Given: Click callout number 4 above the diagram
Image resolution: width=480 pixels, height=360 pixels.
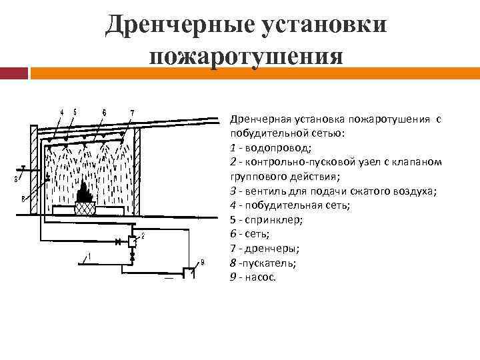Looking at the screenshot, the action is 62,112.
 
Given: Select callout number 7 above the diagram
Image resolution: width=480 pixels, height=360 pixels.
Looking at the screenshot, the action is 131,112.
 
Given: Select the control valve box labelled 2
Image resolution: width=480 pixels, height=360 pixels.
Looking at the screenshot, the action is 133,241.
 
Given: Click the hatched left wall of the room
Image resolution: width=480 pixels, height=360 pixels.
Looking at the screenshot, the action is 33,170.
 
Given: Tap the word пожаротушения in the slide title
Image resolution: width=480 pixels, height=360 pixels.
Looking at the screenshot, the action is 246,55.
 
